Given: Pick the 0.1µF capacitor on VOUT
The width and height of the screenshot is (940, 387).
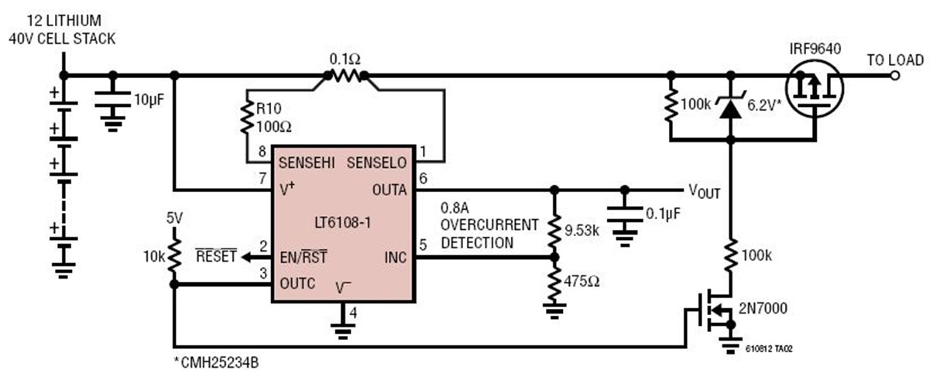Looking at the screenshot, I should click(624, 208).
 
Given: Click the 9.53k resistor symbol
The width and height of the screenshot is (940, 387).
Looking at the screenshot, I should click(554, 228).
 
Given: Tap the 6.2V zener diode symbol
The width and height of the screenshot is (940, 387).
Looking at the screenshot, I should click(729, 107).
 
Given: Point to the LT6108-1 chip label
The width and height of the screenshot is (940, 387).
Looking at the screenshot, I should click(343, 222).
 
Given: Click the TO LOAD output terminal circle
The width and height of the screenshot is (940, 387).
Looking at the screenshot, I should click(895, 76).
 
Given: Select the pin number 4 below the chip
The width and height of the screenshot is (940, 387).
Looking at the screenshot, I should click(354, 313).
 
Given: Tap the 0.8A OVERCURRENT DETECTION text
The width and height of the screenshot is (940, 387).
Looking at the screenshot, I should click(488, 225).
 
